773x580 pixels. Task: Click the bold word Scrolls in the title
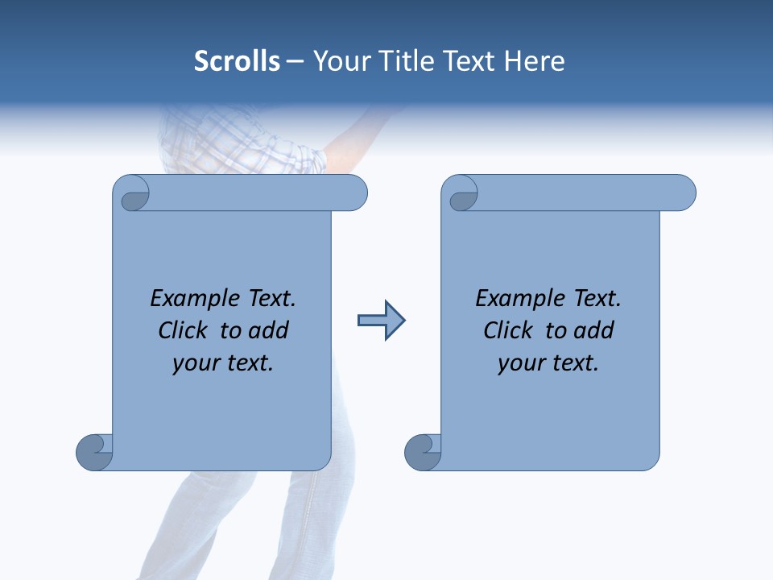(237, 61)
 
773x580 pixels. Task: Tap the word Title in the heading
(400, 61)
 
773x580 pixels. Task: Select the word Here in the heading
(534, 61)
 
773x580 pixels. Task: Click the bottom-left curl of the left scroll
(94, 451)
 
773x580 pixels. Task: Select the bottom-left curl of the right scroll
(423, 451)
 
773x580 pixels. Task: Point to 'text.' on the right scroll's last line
(573, 363)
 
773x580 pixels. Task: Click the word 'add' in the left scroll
(269, 331)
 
